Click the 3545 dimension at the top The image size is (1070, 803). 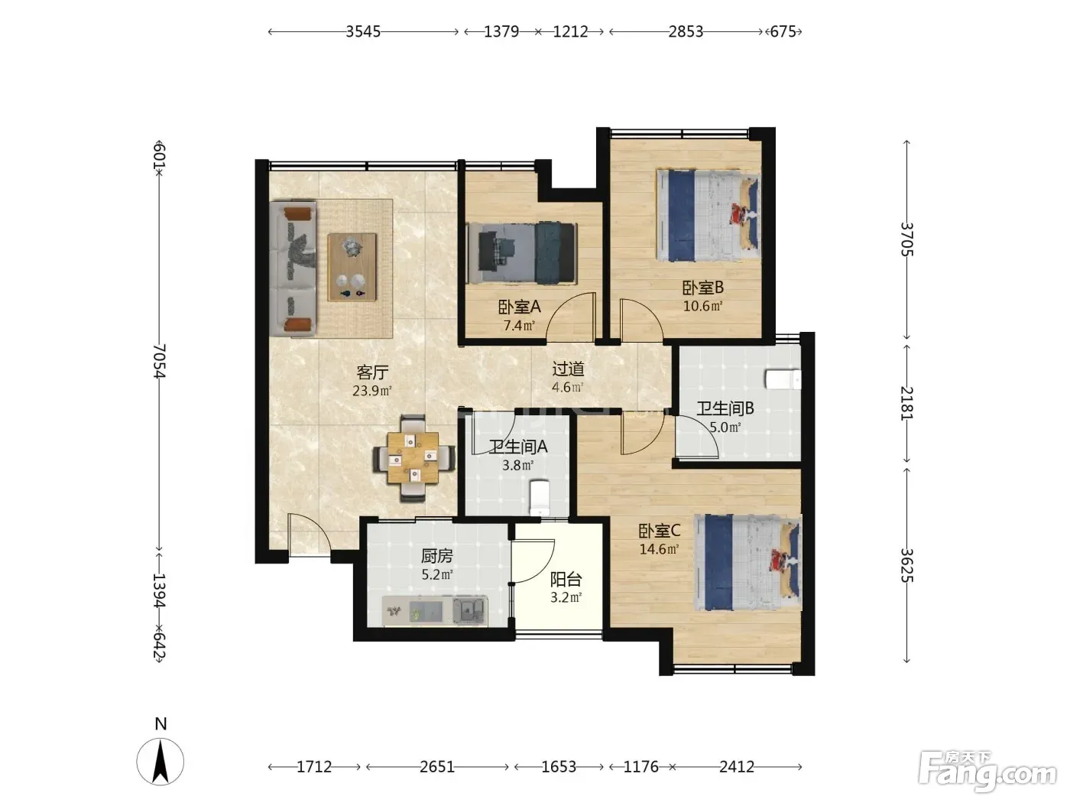[363, 31]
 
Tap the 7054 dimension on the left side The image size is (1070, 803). [160, 361]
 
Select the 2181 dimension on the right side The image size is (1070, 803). [906, 403]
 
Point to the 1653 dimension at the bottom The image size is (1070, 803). [559, 767]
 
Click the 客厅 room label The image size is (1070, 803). [372, 372]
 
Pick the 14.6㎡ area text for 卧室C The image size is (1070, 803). [659, 549]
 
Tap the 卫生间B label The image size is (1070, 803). [725, 408]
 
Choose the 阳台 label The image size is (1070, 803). [566, 579]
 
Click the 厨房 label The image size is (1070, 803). [437, 556]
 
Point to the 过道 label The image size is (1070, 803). [568, 369]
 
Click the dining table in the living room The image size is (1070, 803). [413, 458]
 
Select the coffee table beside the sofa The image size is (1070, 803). [352, 267]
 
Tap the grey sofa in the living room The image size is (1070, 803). [293, 268]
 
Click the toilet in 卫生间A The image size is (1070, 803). [539, 497]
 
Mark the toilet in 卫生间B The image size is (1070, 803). [783, 379]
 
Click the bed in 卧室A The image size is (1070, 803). [521, 253]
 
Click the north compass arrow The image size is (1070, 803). [160, 762]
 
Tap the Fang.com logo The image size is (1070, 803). [987, 772]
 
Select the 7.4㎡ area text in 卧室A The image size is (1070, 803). [519, 325]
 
